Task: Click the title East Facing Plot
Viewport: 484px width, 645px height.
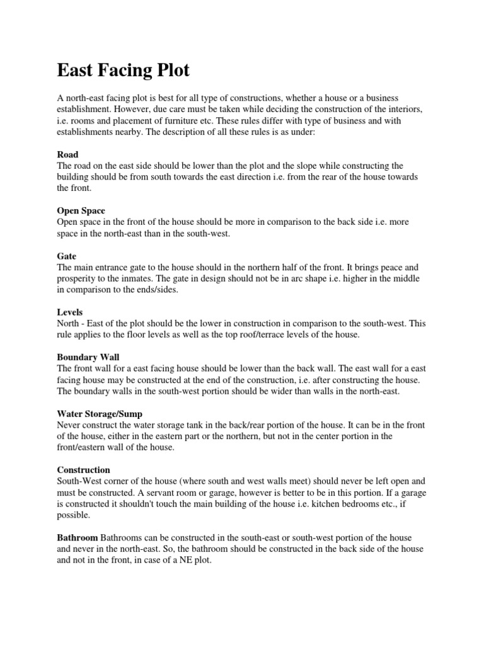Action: (x=123, y=70)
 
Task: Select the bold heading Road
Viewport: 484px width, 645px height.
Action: (x=68, y=154)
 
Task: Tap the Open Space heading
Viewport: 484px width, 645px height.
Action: (x=81, y=211)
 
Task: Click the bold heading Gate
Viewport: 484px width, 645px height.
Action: (x=67, y=256)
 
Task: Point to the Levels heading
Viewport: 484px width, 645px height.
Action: (x=70, y=312)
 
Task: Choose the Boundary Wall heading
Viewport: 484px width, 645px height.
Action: (x=88, y=357)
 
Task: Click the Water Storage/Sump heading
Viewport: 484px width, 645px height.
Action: (x=100, y=414)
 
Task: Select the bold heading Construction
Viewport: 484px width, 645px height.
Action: (x=84, y=470)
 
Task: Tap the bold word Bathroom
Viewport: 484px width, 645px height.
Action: (x=78, y=537)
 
